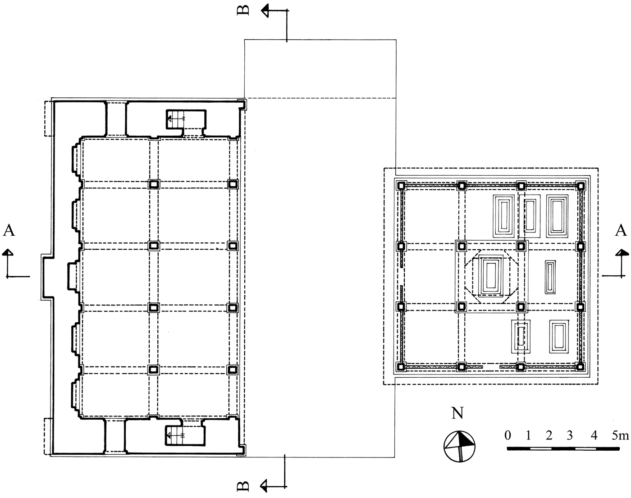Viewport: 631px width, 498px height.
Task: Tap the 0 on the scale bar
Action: pyautogui.click(x=508, y=435)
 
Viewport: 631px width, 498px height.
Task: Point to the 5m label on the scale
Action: pyautogui.click(x=620, y=435)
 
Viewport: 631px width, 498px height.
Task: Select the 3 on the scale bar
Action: pyautogui.click(x=570, y=435)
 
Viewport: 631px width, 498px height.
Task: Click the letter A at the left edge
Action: pyautogui.click(x=9, y=231)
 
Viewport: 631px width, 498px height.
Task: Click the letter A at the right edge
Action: pyautogui.click(x=621, y=231)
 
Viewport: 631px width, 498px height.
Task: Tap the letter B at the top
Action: pyautogui.click(x=243, y=10)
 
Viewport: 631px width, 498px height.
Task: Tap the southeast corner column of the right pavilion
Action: pyautogui.click(x=581, y=366)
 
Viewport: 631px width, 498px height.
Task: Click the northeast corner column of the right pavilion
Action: pyautogui.click(x=581, y=186)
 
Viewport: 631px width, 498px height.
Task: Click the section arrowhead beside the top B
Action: pyautogui.click(x=266, y=11)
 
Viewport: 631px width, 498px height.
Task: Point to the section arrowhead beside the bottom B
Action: pyautogui.click(x=265, y=485)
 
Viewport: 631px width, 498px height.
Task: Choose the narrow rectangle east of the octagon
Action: pyautogui.click(x=549, y=277)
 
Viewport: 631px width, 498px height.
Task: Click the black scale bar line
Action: pyautogui.click(x=563, y=448)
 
